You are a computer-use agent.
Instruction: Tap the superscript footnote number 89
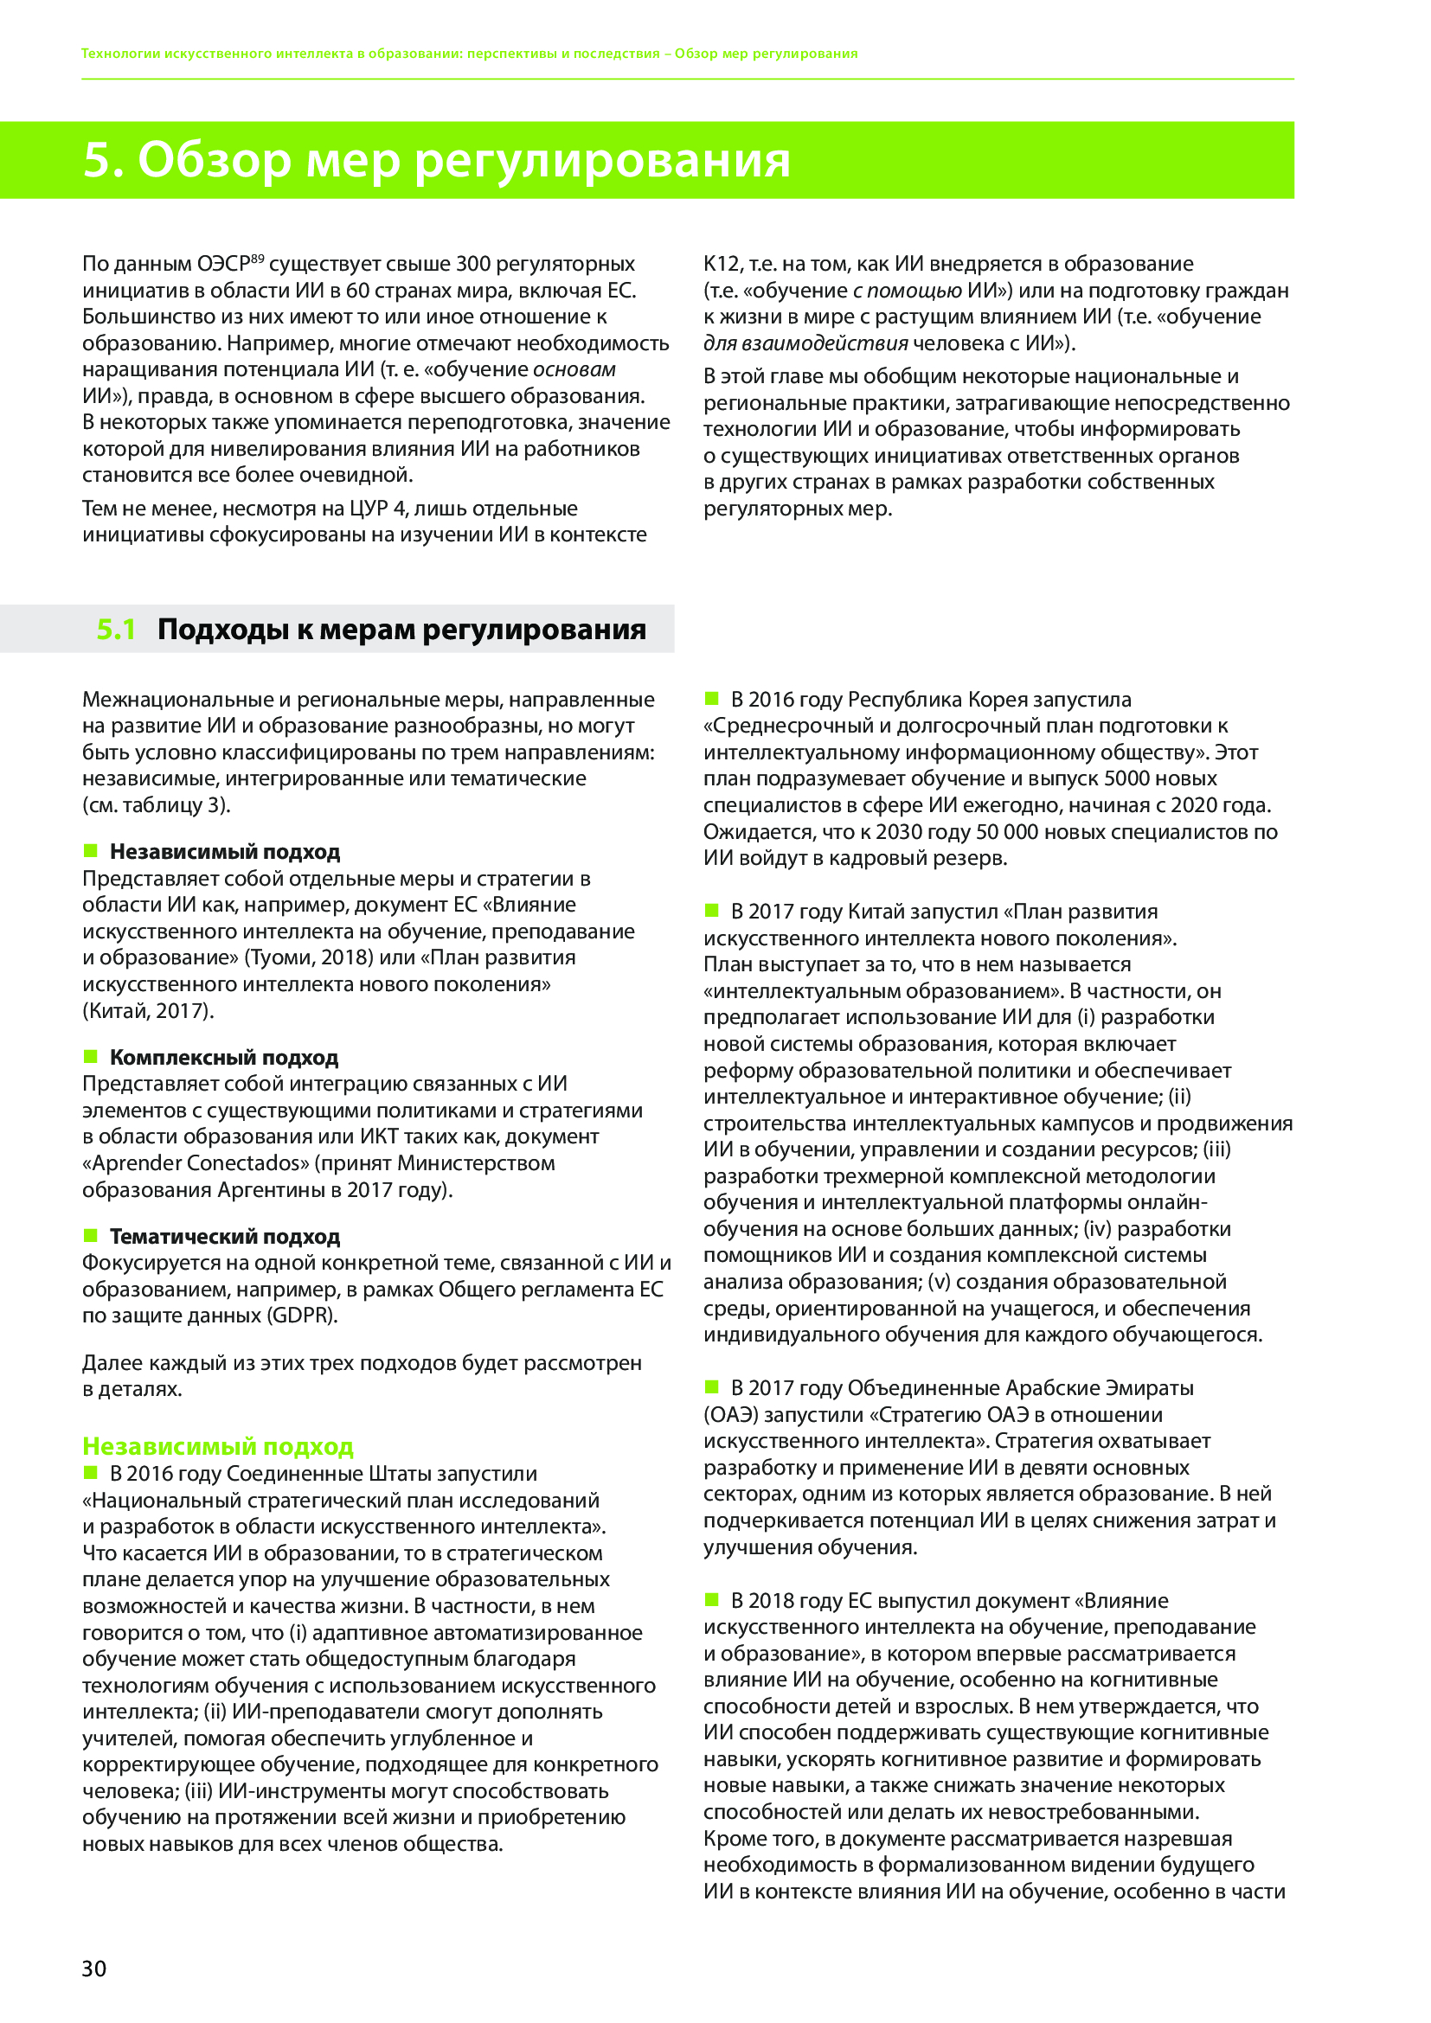click(257, 258)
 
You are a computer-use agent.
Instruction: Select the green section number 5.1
click(115, 629)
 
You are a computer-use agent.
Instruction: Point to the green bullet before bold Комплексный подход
click(90, 1055)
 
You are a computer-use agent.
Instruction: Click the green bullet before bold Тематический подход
click(90, 1234)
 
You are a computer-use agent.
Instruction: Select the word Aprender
click(131, 1163)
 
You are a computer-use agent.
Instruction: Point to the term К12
click(722, 264)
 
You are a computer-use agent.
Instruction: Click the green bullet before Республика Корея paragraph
click(712, 699)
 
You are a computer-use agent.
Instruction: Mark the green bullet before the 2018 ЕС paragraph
click(712, 1599)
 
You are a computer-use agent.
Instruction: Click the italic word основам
click(574, 369)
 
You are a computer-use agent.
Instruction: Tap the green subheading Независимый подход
click(218, 1447)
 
